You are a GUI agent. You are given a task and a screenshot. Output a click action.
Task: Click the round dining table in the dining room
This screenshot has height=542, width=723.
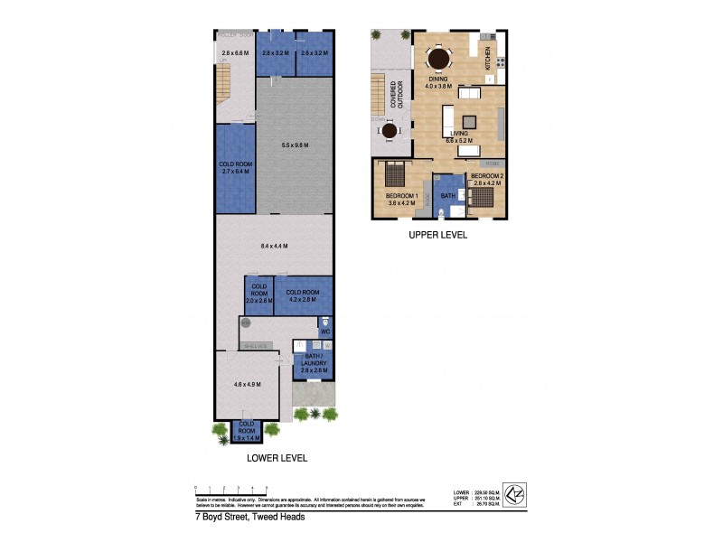click(439, 60)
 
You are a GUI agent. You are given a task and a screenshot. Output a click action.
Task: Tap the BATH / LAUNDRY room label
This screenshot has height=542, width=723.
click(314, 363)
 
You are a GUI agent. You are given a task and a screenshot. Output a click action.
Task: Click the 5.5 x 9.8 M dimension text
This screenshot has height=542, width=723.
click(295, 145)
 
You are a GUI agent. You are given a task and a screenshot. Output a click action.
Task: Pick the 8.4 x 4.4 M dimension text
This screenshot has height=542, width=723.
click(274, 245)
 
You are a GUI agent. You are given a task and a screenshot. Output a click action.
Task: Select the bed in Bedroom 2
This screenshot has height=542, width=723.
click(483, 195)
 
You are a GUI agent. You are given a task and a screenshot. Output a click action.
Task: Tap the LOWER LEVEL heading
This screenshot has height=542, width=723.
click(277, 458)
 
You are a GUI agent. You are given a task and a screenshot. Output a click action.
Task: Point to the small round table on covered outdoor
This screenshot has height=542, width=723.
click(390, 132)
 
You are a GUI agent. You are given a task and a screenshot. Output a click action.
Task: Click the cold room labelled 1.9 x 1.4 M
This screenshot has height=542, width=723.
click(247, 431)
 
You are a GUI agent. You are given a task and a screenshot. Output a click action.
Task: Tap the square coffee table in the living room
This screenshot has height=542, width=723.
click(470, 121)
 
